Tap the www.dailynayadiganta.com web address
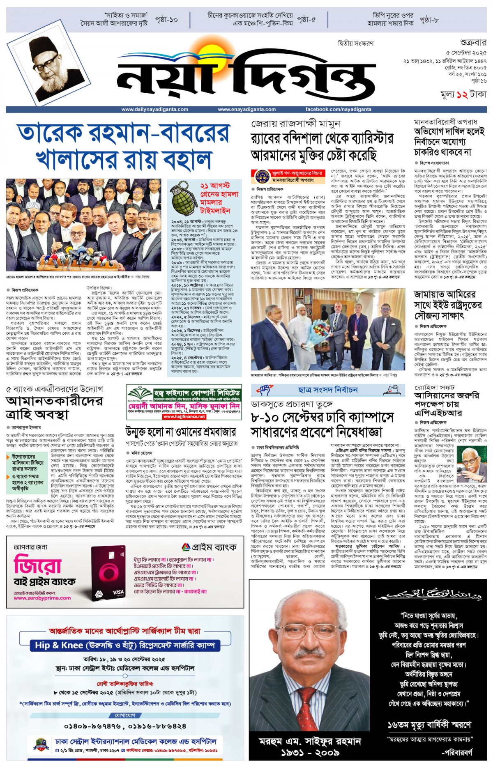point(154,109)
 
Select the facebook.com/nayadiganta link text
point(338,109)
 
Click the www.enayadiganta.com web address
point(246,109)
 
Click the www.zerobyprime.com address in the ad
point(42,598)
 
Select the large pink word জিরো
point(38,565)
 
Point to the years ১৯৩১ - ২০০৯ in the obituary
point(310,753)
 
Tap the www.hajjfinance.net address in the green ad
point(184,416)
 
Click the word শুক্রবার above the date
point(473,43)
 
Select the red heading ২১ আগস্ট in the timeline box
point(215,186)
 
